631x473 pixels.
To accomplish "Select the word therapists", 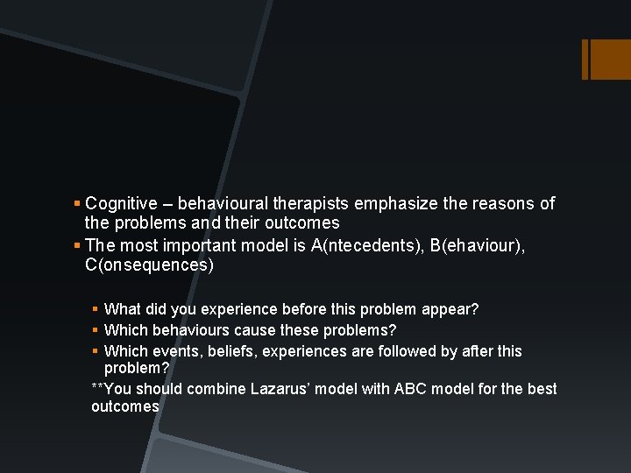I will click(x=306, y=203).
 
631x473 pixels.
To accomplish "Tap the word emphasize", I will click(x=393, y=203).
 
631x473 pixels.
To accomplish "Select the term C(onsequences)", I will click(x=149, y=265).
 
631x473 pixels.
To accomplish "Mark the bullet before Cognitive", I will click(x=78, y=204).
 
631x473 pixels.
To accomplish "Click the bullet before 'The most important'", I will click(x=78, y=245).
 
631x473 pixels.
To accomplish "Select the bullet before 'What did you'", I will click(x=96, y=309).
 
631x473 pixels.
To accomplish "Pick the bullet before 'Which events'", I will click(x=96, y=351).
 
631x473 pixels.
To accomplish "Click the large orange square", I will click(x=610, y=60).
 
